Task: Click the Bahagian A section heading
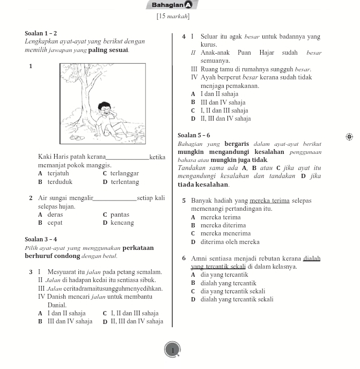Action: point(172,5)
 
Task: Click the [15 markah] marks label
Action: point(173,17)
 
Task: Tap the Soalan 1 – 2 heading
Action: point(41,33)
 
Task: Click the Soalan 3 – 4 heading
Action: point(41,239)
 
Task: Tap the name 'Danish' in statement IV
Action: point(59,296)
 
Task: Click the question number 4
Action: point(184,36)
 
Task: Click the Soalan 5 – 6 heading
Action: point(194,135)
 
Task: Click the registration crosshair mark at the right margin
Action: point(349,137)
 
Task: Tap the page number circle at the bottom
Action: point(173,350)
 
